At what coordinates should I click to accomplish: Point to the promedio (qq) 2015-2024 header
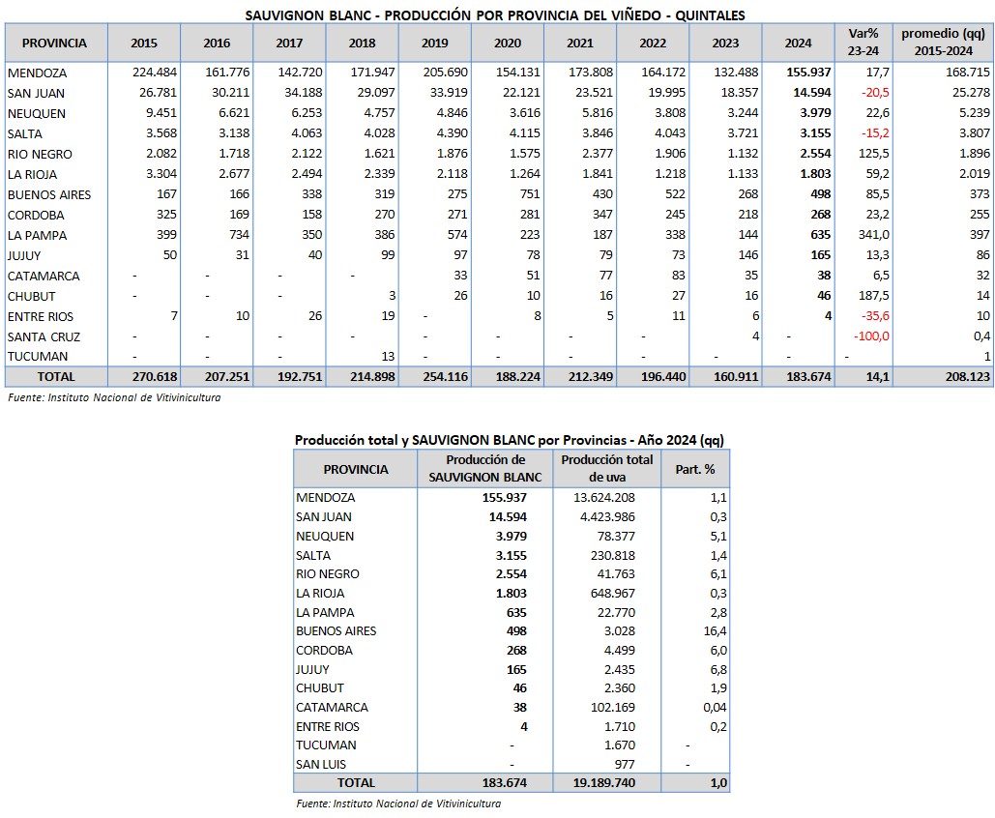(x=943, y=43)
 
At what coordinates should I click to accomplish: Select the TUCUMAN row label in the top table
(x=38, y=357)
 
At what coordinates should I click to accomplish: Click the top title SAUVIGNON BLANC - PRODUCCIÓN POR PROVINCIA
(x=495, y=15)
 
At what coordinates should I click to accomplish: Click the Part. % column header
(x=695, y=469)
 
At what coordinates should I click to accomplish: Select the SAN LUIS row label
(x=322, y=764)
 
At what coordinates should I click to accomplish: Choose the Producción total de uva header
(x=606, y=469)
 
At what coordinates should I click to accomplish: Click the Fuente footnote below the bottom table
(x=397, y=803)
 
